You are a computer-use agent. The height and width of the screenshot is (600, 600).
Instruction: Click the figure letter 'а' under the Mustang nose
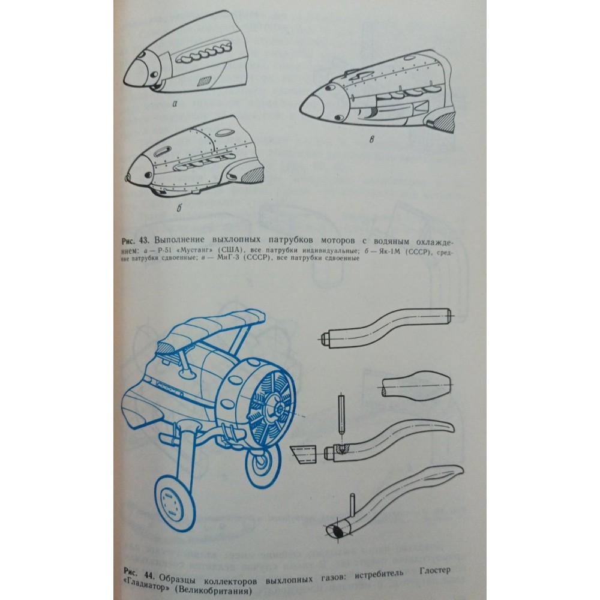pos(175,104)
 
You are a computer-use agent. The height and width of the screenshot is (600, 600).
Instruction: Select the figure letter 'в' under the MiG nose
pos(371,140)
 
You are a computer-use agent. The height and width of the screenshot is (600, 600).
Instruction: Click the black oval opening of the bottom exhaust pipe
pos(337,532)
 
